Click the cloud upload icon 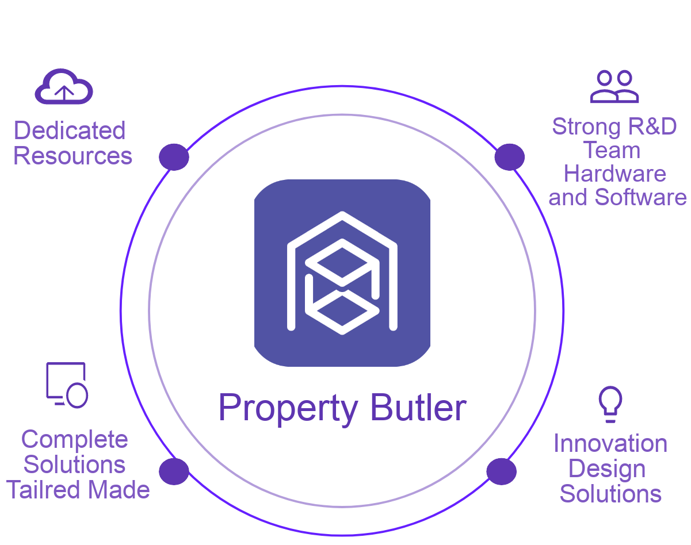tap(64, 86)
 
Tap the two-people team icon tap(614, 86)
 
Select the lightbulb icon tap(610, 404)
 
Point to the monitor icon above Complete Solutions tap(67, 385)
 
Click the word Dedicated tap(70, 131)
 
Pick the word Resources tap(72, 156)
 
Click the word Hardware tap(615, 174)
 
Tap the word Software tap(640, 197)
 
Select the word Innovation tap(610, 443)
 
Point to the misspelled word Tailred tap(43, 490)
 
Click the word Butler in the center tap(418, 407)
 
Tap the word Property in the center tap(288, 410)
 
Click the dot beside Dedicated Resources tap(174, 157)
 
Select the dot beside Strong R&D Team tap(510, 157)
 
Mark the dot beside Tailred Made tap(174, 471)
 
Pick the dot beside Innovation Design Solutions tap(502, 471)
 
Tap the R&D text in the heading tap(652, 126)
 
